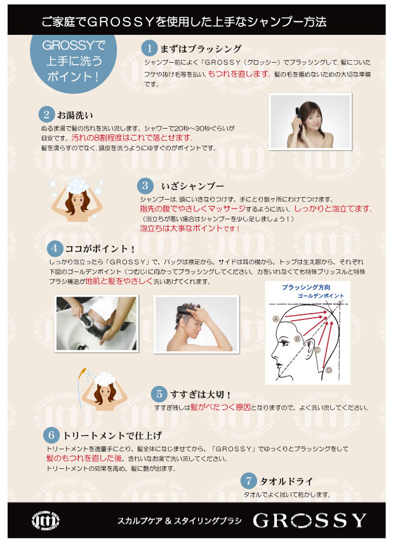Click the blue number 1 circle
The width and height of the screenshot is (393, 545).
tap(149, 48)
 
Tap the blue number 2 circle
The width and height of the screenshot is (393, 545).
tap(46, 114)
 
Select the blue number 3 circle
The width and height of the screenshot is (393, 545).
tap(145, 186)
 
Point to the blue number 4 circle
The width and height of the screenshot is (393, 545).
tap(55, 248)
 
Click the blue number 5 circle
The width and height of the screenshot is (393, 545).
tap(159, 394)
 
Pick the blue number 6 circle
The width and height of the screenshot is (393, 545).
tap(51, 435)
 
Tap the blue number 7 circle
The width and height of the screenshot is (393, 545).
tap(248, 481)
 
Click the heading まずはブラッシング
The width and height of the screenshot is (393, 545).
tap(201, 49)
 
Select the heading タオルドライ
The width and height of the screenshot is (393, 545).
tap(286, 482)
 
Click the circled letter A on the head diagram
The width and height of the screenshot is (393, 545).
tap(276, 319)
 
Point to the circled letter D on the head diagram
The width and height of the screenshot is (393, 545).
tap(329, 370)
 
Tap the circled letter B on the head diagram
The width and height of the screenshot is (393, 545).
tap(297, 338)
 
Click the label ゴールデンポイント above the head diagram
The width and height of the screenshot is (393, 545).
tap(321, 296)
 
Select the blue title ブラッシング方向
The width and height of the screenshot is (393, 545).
tap(306, 288)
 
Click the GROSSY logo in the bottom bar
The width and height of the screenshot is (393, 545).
tap(309, 520)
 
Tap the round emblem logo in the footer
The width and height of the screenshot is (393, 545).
tap(46, 521)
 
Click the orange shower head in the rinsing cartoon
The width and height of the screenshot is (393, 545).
tap(82, 374)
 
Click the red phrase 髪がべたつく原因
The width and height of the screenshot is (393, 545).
tap(221, 407)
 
